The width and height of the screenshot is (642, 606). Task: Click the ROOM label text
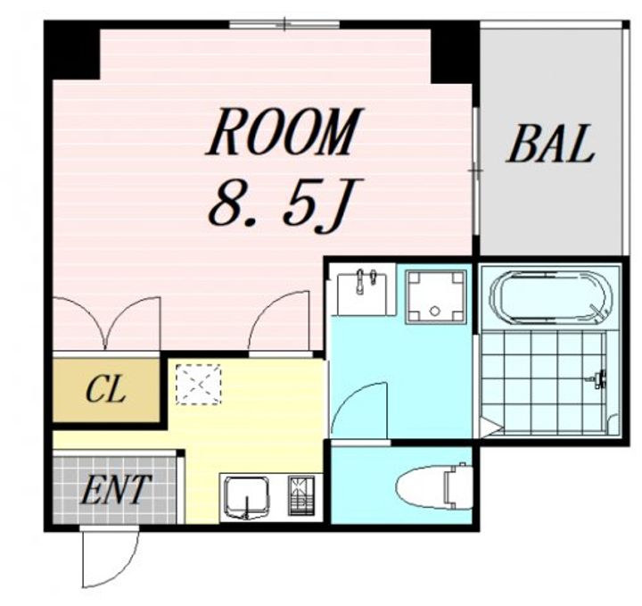click(284, 131)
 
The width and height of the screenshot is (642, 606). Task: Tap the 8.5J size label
click(280, 204)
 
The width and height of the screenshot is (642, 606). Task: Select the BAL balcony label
click(550, 144)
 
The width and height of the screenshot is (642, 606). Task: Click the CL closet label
click(105, 390)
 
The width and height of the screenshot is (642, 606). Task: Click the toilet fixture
click(434, 486)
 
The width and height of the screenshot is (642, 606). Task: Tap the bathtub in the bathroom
click(552, 295)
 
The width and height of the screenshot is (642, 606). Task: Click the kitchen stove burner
click(301, 495)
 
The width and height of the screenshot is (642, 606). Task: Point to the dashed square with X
click(199, 385)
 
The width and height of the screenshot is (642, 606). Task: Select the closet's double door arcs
click(106, 323)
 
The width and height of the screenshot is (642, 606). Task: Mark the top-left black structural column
click(72, 50)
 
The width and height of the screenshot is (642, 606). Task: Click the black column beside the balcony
click(454, 52)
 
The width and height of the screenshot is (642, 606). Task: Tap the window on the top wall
click(284, 24)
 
